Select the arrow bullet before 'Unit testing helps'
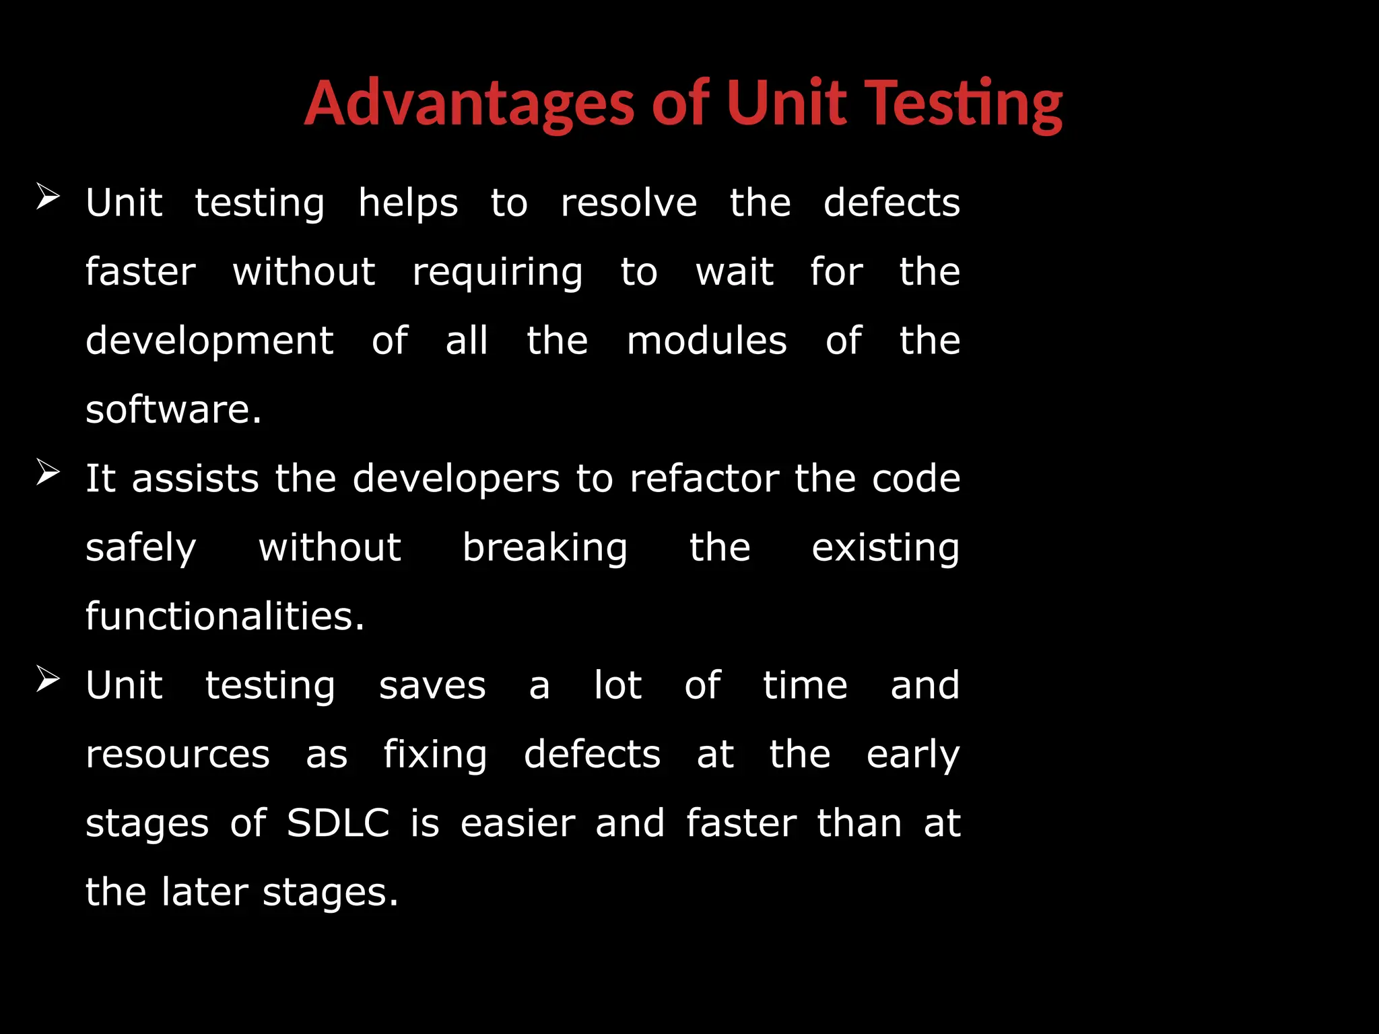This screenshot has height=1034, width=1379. [48, 197]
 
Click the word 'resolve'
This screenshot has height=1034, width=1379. [628, 203]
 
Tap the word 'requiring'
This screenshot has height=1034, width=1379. [498, 273]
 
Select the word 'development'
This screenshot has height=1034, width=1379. [209, 341]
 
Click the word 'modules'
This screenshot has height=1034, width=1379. [706, 341]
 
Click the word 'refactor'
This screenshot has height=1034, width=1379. [704, 479]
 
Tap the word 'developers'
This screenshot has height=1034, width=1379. [456, 480]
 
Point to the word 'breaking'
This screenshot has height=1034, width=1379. [545, 548]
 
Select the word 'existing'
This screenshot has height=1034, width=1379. [885, 548]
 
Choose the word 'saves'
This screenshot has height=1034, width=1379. [432, 686]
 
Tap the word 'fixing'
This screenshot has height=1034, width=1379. [435, 755]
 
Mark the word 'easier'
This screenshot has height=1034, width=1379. [518, 823]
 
